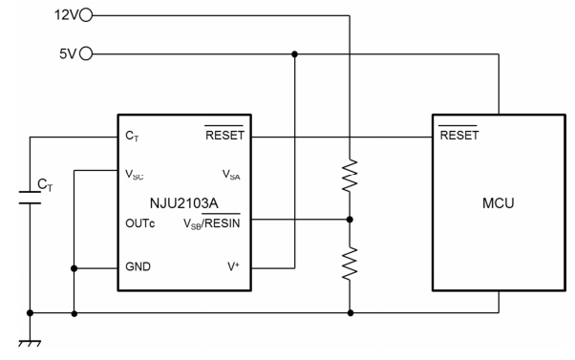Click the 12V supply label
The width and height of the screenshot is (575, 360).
coord(68,15)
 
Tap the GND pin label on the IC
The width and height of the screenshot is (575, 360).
coord(138,268)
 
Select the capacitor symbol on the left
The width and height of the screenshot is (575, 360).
coord(32,198)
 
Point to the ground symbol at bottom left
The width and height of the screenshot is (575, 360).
coord(32,340)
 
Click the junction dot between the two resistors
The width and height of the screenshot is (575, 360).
coord(351,219)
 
